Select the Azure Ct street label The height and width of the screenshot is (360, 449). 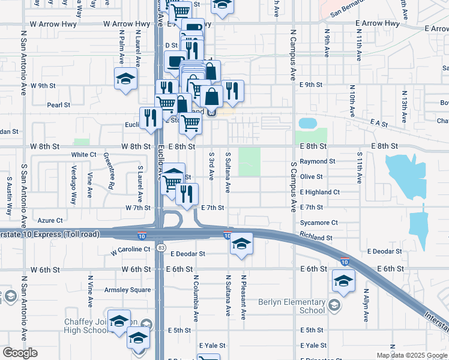point(50,220)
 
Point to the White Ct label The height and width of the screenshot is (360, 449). point(84,154)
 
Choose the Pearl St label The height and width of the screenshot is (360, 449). point(59,105)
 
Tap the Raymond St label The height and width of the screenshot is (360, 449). point(318,162)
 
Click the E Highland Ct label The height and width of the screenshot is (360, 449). point(320,192)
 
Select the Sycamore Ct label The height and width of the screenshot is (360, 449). point(319,223)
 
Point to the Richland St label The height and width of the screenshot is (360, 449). point(316,238)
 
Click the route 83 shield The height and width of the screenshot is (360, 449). point(160,247)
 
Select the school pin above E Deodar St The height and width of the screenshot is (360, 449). point(241,244)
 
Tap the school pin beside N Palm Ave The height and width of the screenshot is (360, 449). point(126,79)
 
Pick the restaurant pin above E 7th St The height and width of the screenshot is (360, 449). point(187,194)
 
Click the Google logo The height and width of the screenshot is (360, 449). point(20,353)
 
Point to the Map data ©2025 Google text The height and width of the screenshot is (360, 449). point(411,355)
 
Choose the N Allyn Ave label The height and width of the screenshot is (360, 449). point(366,307)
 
